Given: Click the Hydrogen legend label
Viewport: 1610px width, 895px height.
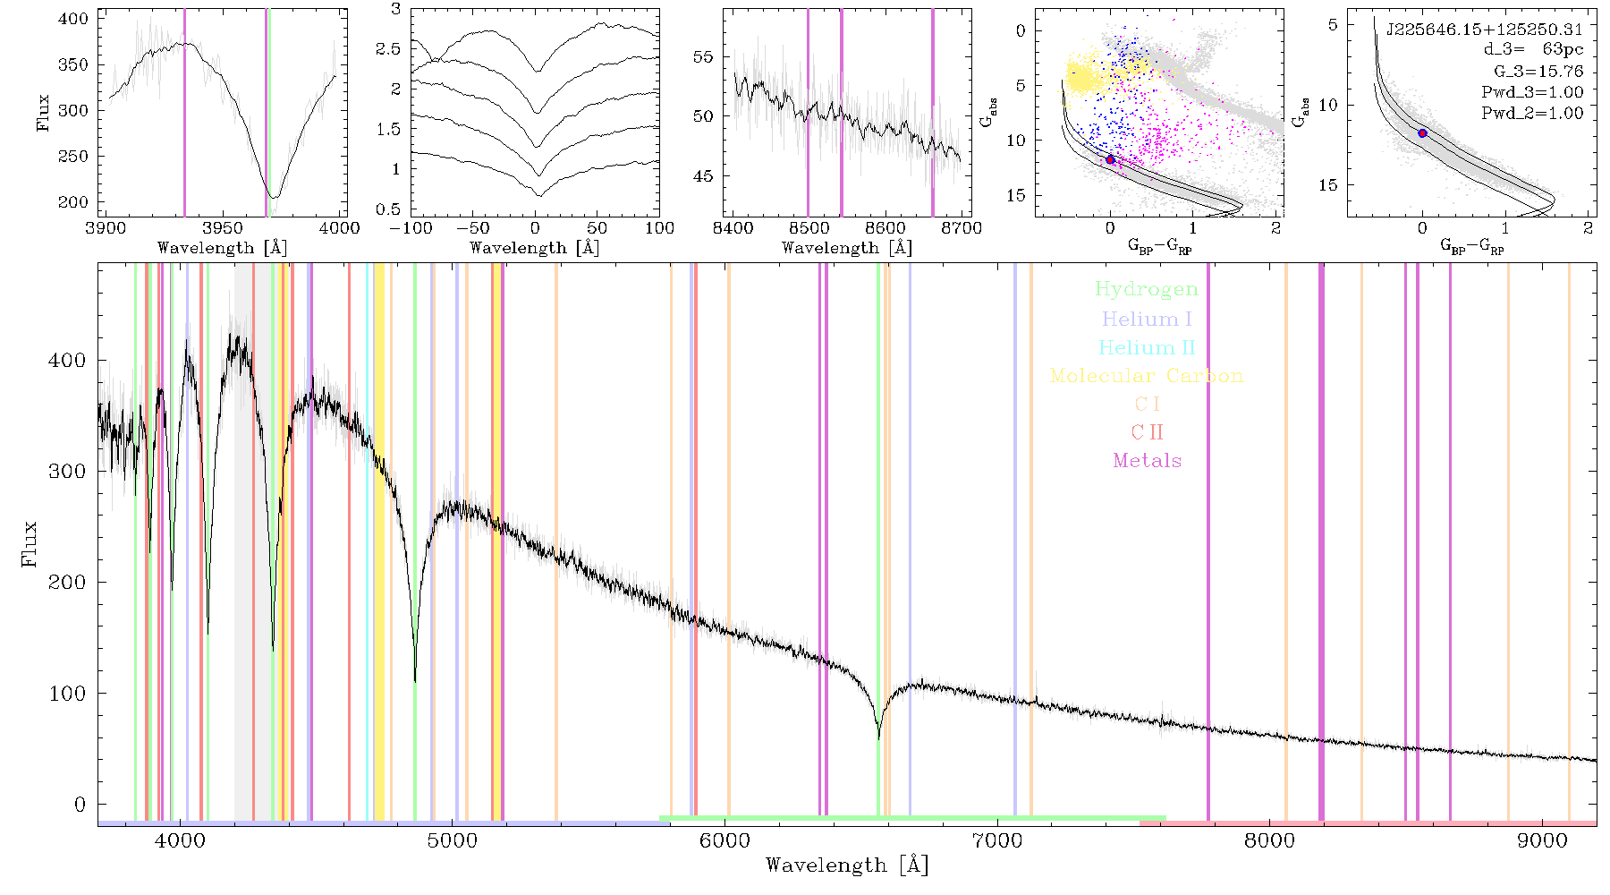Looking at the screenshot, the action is [x=1146, y=289].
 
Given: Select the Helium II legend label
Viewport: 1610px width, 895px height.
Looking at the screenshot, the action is [x=1147, y=347].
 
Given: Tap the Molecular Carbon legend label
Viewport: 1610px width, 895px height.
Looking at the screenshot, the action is [x=1147, y=376].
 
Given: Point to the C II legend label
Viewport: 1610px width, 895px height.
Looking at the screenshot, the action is [x=1147, y=432].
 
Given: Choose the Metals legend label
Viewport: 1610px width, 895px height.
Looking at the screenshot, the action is [x=1147, y=461].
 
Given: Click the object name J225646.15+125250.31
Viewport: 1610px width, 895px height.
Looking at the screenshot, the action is [x=1485, y=30].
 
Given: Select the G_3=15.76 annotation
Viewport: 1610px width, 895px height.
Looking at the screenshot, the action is [x=1538, y=72].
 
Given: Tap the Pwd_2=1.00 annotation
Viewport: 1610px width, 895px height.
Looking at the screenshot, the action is [x=1532, y=113].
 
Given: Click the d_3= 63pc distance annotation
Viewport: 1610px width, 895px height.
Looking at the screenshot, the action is [x=1533, y=50].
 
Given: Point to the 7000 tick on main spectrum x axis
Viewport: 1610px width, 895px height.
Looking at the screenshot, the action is [x=997, y=840].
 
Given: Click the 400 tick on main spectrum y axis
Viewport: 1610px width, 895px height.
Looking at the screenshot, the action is [x=68, y=360].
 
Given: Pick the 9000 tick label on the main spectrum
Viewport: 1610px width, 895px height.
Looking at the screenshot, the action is [x=1542, y=840].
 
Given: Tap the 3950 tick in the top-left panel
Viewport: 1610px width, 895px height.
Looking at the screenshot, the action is [x=223, y=228].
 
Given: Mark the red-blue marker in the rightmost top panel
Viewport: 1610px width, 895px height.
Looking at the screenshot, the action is [x=1422, y=133].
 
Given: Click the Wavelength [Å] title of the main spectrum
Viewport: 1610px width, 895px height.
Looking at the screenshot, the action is [x=847, y=865].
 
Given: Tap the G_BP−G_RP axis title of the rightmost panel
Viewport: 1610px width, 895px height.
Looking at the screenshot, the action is [x=1472, y=246].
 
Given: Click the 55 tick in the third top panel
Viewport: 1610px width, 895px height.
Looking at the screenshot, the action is [x=704, y=56].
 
